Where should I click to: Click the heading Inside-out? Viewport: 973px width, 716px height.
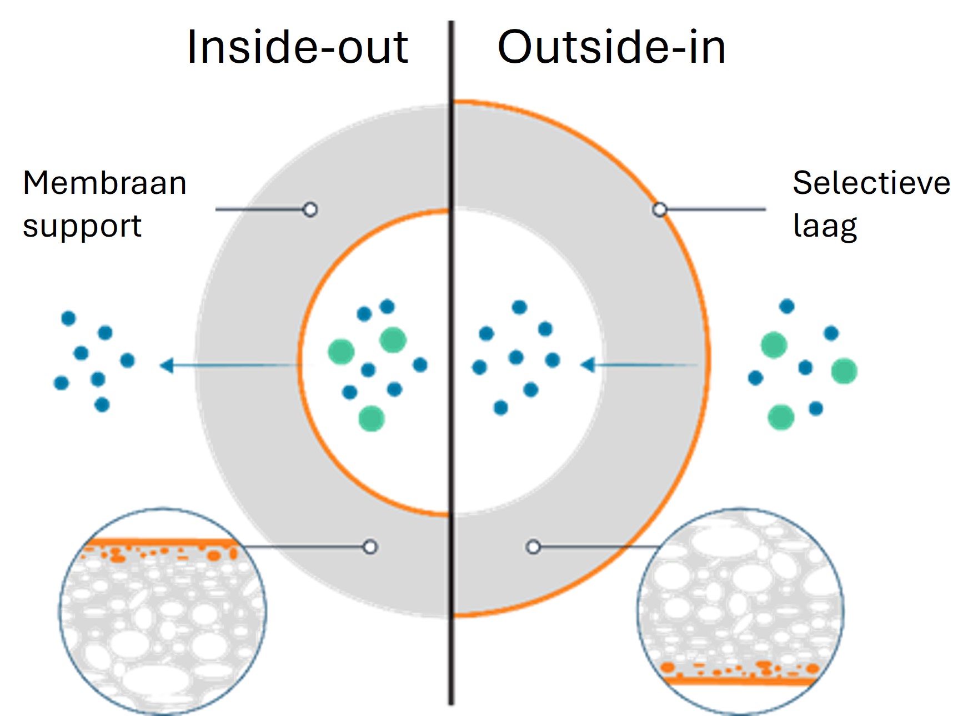tap(298, 47)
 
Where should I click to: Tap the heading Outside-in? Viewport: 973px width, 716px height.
tap(611, 47)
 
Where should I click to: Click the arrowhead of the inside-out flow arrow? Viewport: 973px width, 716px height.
tap(166, 365)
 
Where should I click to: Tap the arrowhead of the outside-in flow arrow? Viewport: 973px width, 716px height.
tap(587, 365)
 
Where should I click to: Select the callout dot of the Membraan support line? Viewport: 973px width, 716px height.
tap(310, 209)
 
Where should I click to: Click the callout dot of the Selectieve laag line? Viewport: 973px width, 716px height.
tap(659, 209)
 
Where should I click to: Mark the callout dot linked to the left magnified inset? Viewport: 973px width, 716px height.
tap(370, 547)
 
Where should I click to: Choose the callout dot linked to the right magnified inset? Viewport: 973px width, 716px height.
tap(533, 547)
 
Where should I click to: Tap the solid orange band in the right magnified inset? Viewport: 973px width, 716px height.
tap(741, 680)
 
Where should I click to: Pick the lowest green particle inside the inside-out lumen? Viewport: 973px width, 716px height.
tap(372, 418)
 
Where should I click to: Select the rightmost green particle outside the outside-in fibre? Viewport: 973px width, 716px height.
tap(844, 371)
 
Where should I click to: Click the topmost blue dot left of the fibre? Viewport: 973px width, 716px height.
tap(68, 318)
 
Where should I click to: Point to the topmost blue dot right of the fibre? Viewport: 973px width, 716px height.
tap(787, 306)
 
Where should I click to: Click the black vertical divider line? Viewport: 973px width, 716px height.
tap(452, 363)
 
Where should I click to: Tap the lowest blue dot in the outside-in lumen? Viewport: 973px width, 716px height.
tap(501, 408)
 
